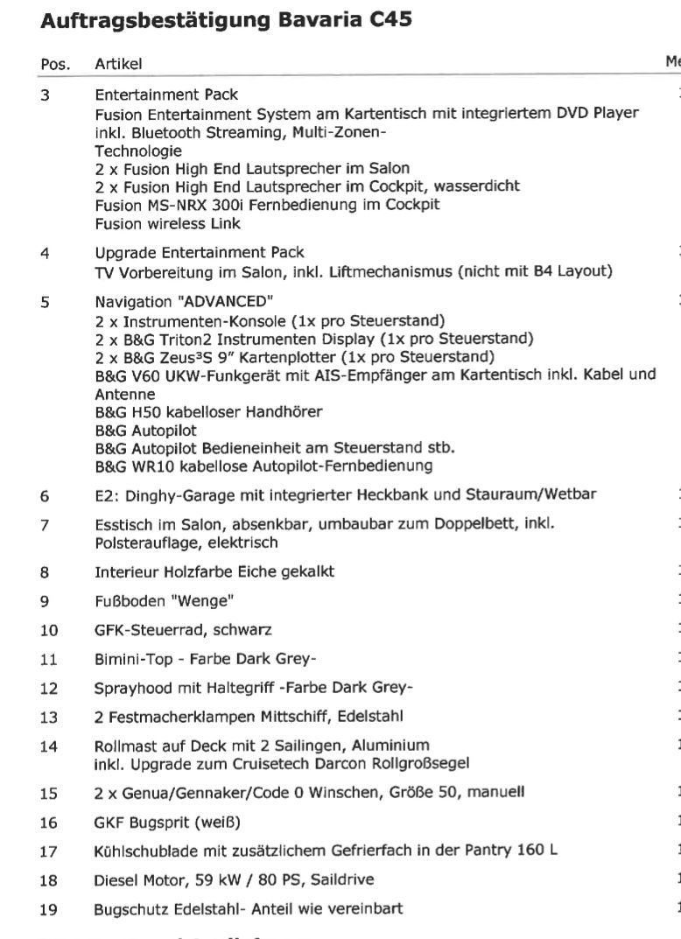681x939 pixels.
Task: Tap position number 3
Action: pos(45,95)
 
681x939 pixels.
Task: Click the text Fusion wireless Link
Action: pos(155,224)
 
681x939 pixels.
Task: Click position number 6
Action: pos(45,494)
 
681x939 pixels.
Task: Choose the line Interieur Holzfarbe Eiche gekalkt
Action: pos(214,572)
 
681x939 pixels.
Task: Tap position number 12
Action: pos(49,687)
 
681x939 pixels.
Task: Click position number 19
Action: pos(49,909)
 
